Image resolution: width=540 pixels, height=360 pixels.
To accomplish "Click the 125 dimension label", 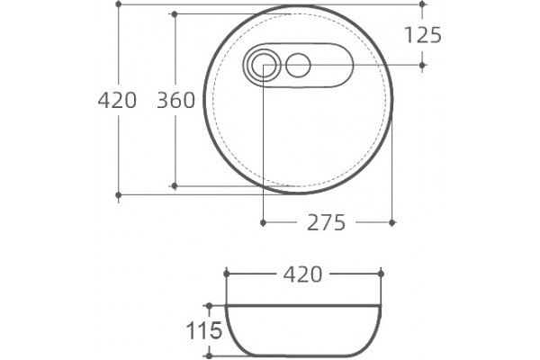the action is click(x=423, y=35).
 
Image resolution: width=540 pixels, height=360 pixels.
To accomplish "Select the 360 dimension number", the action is click(x=176, y=100).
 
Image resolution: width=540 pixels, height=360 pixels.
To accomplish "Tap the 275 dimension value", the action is click(x=326, y=222).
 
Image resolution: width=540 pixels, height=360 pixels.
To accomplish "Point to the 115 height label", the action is click(x=204, y=330).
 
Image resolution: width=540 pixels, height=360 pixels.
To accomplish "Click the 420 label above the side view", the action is click(x=302, y=274).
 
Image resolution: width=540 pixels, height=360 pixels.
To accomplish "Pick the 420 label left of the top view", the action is click(x=117, y=101).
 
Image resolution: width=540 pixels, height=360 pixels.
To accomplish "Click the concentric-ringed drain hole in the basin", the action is click(x=264, y=65).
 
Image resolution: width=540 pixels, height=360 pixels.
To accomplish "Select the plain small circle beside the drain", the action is click(x=298, y=65).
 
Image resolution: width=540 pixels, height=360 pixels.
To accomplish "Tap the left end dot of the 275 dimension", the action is click(x=263, y=222).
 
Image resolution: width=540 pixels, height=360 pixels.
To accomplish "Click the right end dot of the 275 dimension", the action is click(x=391, y=222).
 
